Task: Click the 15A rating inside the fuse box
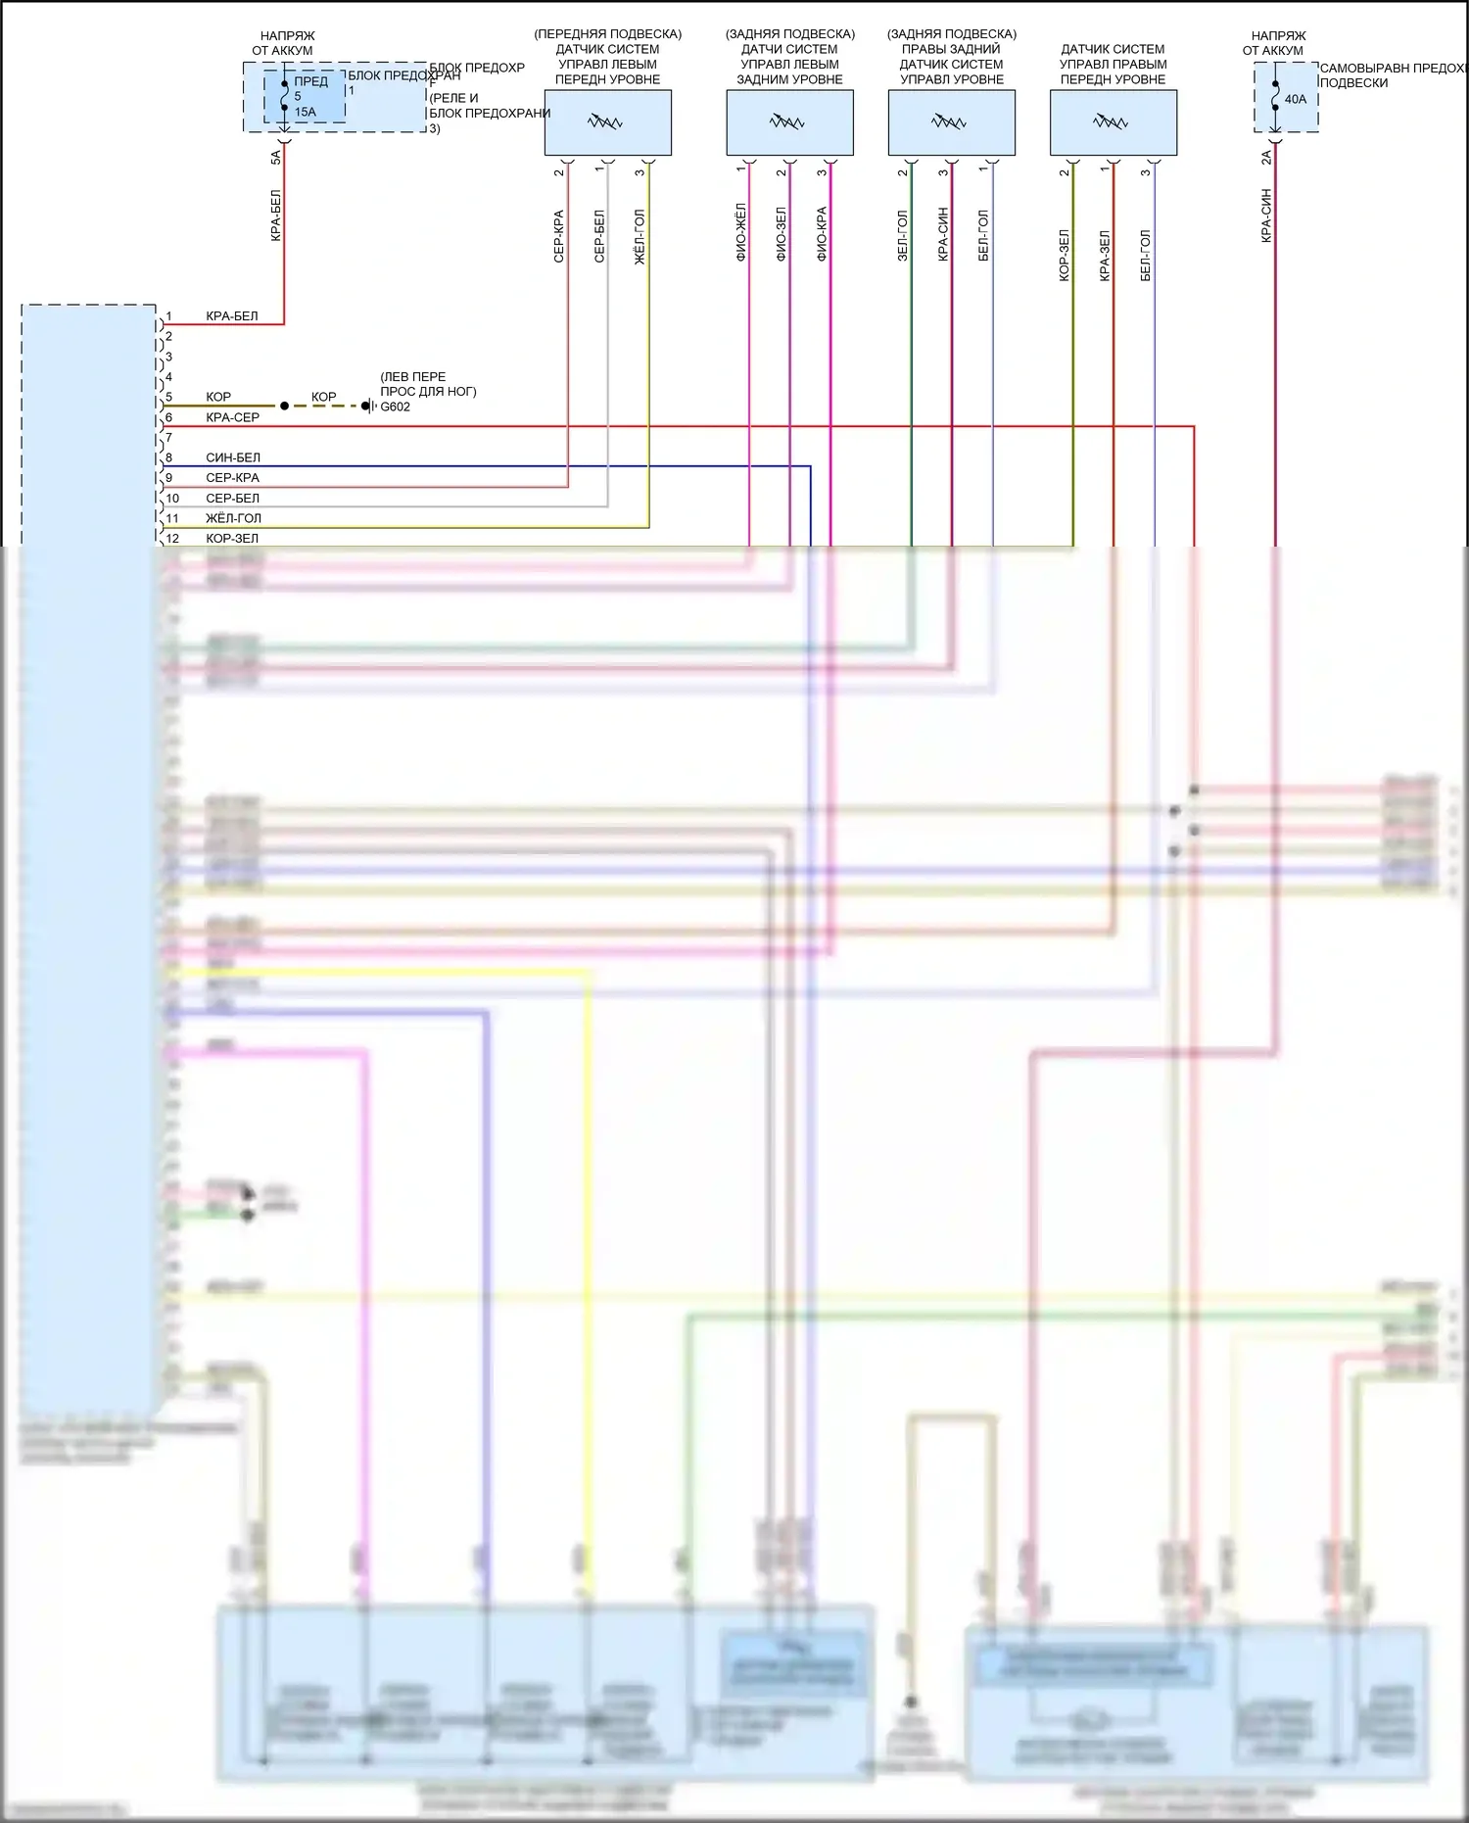pos(306,112)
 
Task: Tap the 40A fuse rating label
pos(1296,99)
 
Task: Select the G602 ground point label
pos(396,407)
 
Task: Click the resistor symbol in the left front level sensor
pos(605,122)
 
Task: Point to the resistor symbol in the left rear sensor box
pos(787,122)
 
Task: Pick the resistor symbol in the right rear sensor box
pos(949,122)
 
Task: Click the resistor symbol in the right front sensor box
pos(1111,122)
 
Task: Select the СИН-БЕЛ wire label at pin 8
pos(233,457)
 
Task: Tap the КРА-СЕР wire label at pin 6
pos(233,417)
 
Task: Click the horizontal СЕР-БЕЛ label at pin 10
pos(233,498)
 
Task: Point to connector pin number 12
pos(172,538)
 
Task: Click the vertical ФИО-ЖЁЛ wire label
pos(741,233)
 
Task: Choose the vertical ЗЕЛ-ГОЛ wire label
pos(903,235)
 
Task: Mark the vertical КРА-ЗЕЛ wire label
pos(1105,257)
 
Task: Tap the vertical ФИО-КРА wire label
pos(822,233)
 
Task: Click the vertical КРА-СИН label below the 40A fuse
pos(1266,216)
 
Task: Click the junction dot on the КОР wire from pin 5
pos(285,406)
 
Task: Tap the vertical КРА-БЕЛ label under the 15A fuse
pos(276,216)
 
